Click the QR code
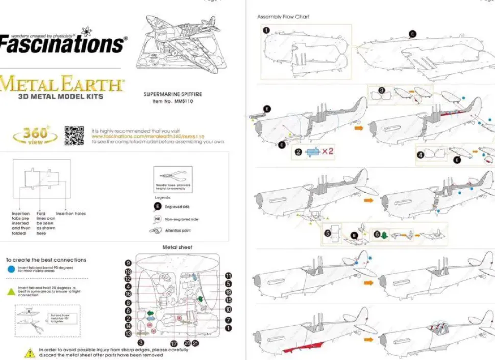74,136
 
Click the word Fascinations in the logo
61,44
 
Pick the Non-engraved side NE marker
158,219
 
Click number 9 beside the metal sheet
128,263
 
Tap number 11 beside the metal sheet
228,275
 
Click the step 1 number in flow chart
266,30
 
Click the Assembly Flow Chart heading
283,17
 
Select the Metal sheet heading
178,247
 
